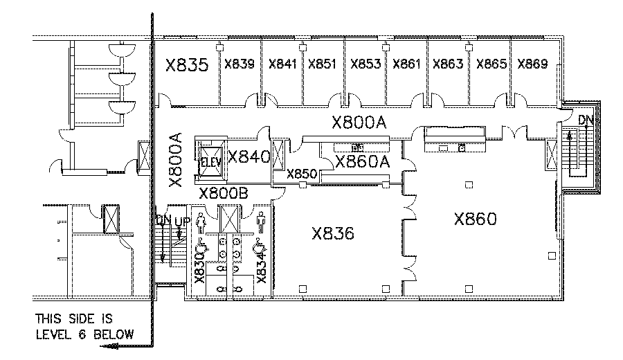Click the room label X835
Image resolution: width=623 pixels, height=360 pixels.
click(186, 65)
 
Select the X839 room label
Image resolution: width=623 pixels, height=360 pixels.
click(240, 64)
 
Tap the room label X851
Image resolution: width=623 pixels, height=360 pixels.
click(322, 64)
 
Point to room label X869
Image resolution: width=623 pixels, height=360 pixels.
click(532, 64)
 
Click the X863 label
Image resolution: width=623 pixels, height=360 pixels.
click(448, 64)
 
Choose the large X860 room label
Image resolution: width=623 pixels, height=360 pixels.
click(476, 219)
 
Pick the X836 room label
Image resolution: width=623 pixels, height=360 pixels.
click(333, 233)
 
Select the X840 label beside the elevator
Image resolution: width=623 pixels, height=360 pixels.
click(248, 157)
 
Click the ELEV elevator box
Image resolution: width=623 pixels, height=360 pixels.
click(208, 162)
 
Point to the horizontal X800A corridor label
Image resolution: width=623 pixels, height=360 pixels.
click(358, 123)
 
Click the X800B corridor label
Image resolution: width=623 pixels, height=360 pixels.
click(223, 193)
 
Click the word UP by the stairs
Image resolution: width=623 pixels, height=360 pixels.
click(181, 222)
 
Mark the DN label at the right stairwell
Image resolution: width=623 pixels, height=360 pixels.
click(586, 120)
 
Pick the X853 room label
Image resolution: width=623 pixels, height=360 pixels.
click(365, 64)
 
